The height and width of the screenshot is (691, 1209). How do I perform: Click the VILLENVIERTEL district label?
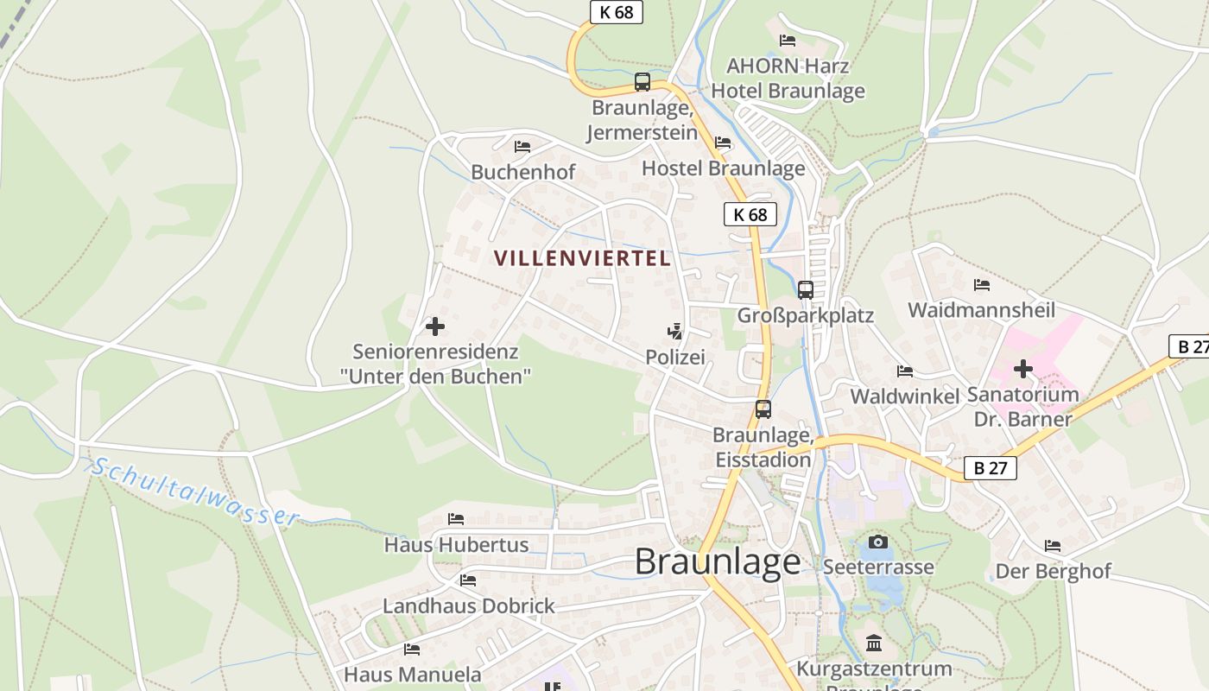[x=582, y=257]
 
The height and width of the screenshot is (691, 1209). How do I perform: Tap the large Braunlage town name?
[x=718, y=562]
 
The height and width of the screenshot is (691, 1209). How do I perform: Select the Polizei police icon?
[x=675, y=331]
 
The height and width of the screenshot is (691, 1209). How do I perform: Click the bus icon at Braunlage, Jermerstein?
[x=642, y=82]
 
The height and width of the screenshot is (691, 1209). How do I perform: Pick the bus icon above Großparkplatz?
[x=806, y=290]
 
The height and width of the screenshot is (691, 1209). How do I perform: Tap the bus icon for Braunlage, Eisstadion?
[x=763, y=409]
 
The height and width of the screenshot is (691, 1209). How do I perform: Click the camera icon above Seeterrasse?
[x=878, y=542]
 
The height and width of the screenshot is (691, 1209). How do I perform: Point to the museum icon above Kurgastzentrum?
[x=874, y=643]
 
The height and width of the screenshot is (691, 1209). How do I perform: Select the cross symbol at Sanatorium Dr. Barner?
[x=1023, y=369]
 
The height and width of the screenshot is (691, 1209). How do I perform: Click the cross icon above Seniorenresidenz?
[x=435, y=326]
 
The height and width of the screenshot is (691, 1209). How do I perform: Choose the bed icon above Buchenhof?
[x=522, y=147]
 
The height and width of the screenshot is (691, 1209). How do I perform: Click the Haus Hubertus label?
[x=456, y=545]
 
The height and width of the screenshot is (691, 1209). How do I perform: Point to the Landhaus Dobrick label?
[x=469, y=605]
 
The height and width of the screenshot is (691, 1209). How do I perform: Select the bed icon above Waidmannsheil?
[x=982, y=284]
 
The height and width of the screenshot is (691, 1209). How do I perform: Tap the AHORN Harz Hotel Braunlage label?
[x=788, y=78]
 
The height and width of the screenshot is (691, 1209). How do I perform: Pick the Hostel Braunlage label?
[x=723, y=168]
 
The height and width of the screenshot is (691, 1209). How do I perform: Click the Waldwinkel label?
[x=905, y=396]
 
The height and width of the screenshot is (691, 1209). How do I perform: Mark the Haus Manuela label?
[x=413, y=674]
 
